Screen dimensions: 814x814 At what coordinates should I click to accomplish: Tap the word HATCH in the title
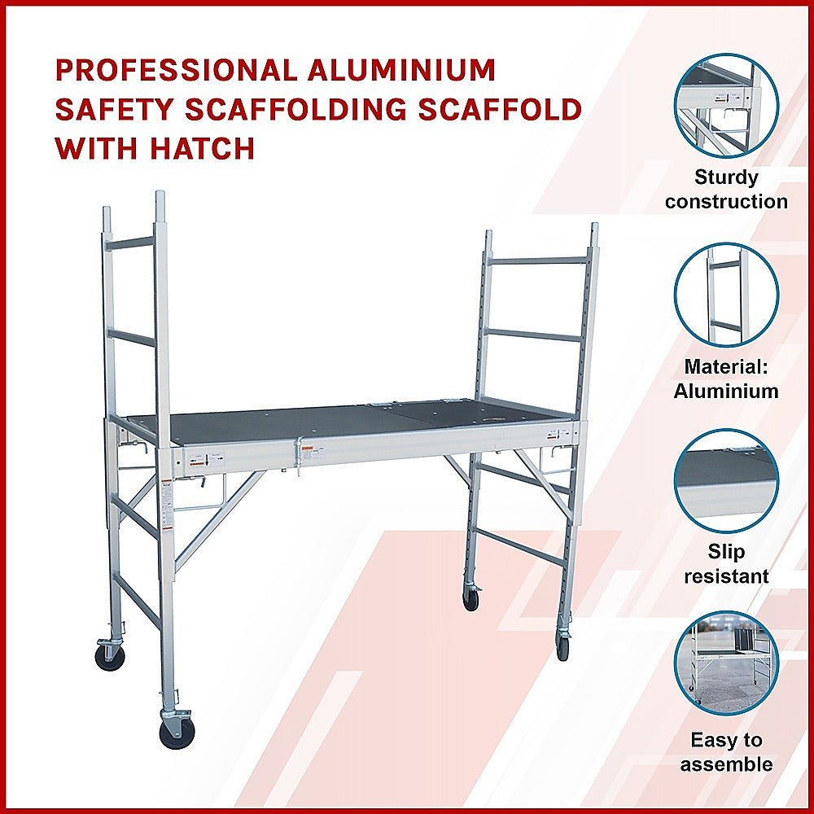(203, 148)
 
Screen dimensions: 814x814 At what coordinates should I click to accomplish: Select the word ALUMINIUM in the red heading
(401, 71)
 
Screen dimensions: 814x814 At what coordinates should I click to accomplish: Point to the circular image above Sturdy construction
(726, 105)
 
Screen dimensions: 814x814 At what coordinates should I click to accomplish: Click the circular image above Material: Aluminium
(726, 295)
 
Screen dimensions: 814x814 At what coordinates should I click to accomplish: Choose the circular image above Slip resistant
(726, 480)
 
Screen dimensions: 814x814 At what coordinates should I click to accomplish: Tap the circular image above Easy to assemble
(726, 663)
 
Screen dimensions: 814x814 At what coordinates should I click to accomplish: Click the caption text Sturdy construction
(726, 190)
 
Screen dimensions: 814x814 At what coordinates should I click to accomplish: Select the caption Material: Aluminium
(726, 379)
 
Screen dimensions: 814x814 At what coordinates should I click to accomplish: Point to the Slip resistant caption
(726, 564)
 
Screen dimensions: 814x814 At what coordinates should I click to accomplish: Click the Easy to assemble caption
(726, 752)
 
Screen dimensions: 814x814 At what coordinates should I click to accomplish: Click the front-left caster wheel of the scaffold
(177, 733)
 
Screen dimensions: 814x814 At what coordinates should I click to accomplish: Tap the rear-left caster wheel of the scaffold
(110, 657)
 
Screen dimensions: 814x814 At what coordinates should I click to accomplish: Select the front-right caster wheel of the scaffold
(562, 647)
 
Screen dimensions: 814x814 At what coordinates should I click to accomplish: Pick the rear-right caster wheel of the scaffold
(470, 598)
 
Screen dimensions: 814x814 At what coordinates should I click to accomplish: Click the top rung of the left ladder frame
(131, 243)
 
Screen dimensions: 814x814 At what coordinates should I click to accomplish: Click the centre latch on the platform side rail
(300, 456)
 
